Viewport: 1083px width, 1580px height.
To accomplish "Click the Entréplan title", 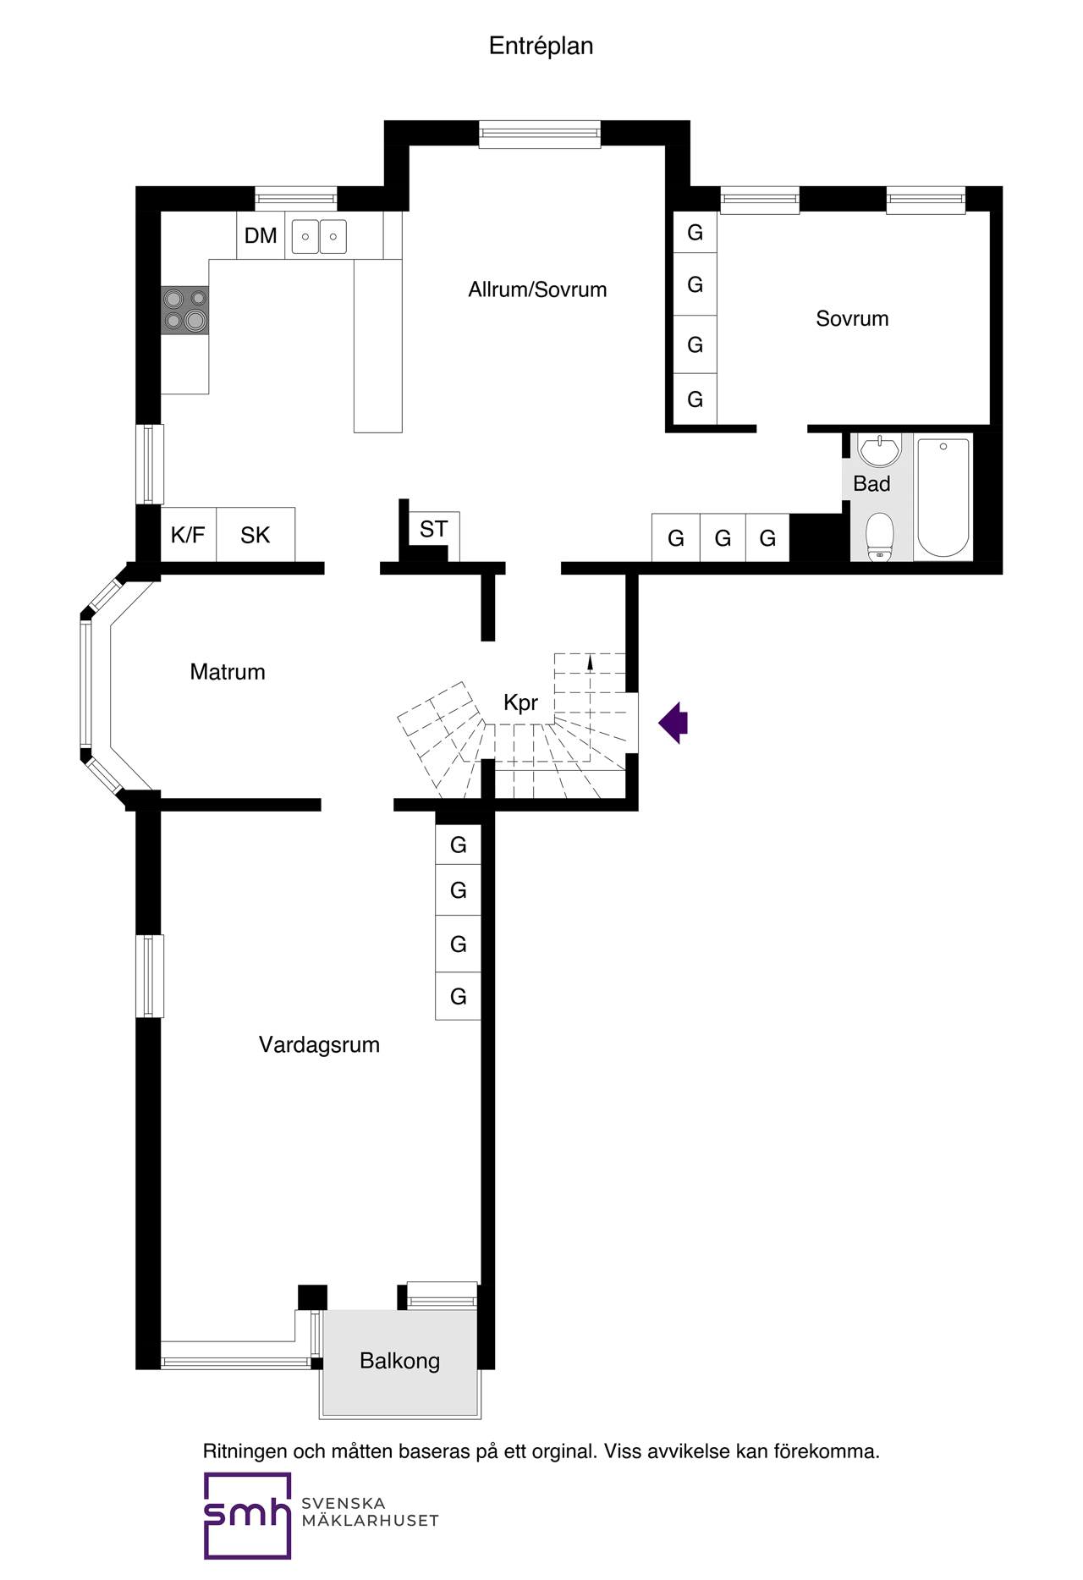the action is (x=541, y=47).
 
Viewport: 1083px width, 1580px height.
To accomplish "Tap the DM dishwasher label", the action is (x=261, y=236).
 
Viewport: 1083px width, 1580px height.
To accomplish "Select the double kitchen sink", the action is (x=319, y=237).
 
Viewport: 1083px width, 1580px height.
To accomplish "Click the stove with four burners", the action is (x=185, y=310).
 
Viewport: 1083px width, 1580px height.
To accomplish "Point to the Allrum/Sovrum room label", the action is (x=537, y=289).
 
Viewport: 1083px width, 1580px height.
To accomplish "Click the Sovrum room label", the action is (x=852, y=318).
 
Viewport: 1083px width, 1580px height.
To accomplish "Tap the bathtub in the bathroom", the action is (x=943, y=497).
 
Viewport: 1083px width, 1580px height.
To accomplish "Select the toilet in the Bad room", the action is (x=880, y=537).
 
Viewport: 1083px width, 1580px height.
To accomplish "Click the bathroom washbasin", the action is (x=880, y=450).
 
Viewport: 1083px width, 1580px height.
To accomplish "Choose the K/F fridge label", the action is (x=188, y=535).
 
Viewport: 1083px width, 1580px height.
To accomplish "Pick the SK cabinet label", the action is (x=255, y=535).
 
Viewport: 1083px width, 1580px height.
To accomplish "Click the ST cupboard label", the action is (x=433, y=530).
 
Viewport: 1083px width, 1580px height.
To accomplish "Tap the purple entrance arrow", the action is (x=673, y=723).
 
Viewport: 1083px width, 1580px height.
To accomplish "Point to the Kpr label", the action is (x=520, y=702).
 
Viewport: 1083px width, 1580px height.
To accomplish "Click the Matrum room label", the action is (x=228, y=672).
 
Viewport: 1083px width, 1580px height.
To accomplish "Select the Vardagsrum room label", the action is (x=319, y=1044).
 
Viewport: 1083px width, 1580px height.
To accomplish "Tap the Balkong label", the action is (x=399, y=1361).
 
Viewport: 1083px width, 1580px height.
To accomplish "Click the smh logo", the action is (x=247, y=1516).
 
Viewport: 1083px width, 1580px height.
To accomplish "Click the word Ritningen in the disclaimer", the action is (x=245, y=1451).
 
